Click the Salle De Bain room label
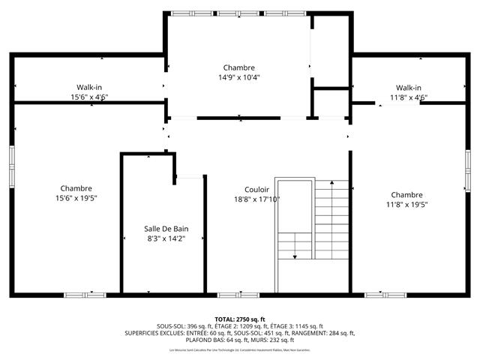point(166,228)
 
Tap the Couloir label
point(256,190)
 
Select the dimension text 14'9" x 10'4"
point(238,77)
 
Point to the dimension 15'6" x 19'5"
point(76,198)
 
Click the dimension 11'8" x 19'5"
point(406,204)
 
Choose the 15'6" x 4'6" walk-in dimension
point(89,97)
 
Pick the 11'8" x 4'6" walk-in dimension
point(408,97)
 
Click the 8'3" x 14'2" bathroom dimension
point(166,238)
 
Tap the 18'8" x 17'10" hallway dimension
point(256,199)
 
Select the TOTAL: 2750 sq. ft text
point(240,319)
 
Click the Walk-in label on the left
point(89,87)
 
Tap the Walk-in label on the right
point(408,87)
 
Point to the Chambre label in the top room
point(238,67)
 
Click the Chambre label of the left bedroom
point(76,188)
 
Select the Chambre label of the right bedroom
point(406,194)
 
